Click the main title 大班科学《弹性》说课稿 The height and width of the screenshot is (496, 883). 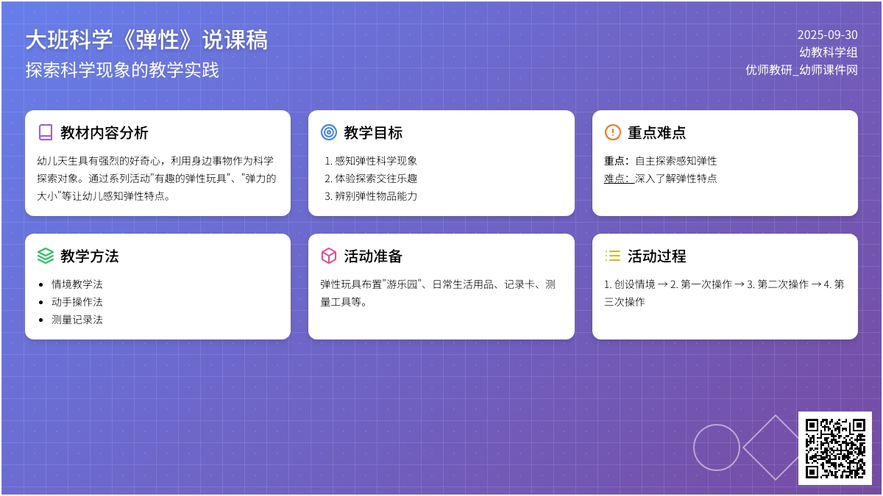[x=146, y=40]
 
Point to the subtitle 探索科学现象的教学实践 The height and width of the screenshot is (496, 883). [x=122, y=70]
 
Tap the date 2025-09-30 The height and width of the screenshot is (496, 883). [x=827, y=35]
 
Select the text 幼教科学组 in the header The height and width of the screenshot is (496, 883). [x=829, y=52]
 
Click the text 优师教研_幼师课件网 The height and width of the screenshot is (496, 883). [x=801, y=70]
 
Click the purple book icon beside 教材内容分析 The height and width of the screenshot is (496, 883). [x=46, y=132]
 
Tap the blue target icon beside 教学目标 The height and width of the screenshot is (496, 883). [x=329, y=132]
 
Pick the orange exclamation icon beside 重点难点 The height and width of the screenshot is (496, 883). [x=612, y=132]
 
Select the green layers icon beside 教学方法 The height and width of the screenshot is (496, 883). [x=46, y=256]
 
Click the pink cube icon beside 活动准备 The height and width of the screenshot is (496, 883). [x=329, y=256]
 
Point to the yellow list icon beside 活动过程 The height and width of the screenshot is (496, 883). [x=612, y=256]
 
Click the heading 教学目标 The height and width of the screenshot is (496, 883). [x=373, y=133]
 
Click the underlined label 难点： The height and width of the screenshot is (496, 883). [x=619, y=179]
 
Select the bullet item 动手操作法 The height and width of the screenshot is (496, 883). [x=77, y=302]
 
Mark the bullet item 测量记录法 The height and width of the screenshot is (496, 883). [x=77, y=320]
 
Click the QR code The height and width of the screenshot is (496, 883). [x=835, y=448]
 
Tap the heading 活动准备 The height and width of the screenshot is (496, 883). [x=373, y=256]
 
